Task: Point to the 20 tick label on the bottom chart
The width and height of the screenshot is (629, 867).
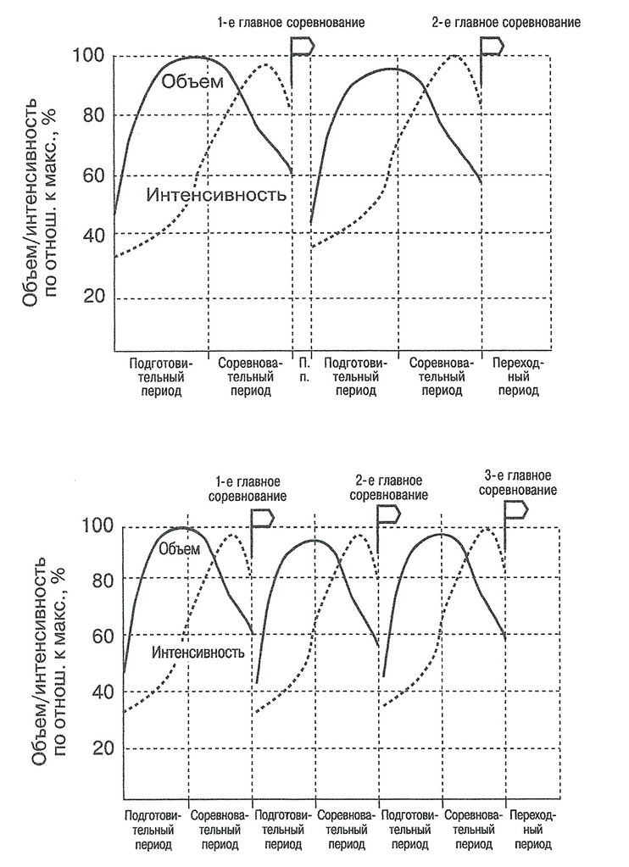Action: (97, 748)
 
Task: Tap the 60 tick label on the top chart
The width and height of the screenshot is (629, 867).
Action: (91, 175)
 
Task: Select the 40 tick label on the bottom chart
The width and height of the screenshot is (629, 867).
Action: (97, 691)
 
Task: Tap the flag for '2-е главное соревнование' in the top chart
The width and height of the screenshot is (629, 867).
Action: (493, 47)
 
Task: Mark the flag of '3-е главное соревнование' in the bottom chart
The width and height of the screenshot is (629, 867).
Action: (516, 510)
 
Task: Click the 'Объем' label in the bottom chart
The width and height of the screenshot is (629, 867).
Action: (180, 548)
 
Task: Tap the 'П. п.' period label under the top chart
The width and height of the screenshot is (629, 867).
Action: (303, 370)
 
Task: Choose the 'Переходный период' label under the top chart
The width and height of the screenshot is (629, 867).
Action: (518, 377)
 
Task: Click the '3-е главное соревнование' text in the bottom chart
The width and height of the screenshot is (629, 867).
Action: (517, 482)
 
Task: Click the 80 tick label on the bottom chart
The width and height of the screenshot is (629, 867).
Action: (97, 579)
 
